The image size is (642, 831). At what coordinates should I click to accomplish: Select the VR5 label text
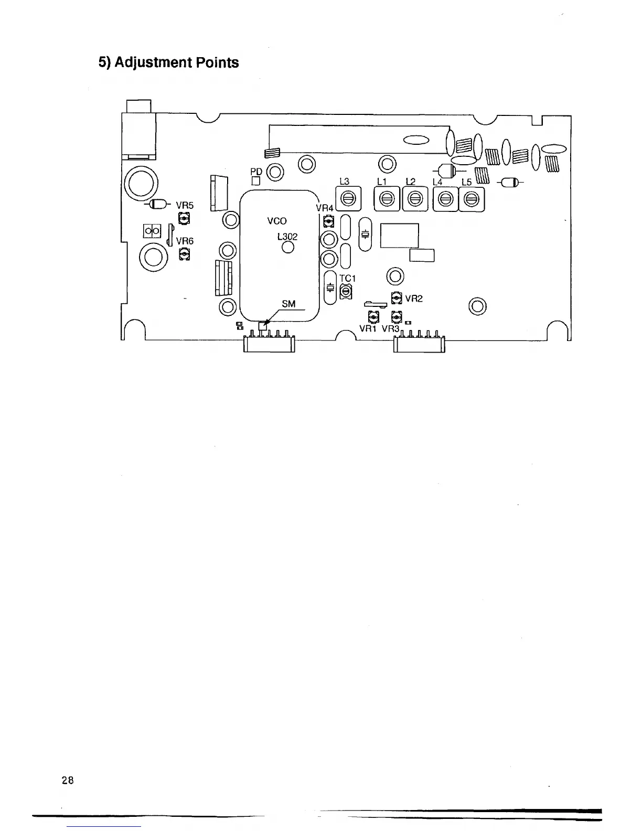pos(185,206)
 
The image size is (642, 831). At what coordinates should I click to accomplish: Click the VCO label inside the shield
pos(277,221)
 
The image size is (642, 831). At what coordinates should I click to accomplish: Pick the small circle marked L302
pos(287,249)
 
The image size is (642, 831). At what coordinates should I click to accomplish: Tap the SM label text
pos(288,304)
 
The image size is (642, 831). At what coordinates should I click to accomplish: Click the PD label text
pos(256,172)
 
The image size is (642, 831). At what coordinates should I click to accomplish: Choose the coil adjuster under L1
pos(387,199)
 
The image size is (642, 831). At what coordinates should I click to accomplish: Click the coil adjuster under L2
pos(415,199)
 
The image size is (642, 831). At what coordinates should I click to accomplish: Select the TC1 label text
pos(348,279)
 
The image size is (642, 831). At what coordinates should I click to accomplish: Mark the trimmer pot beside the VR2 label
pos(397,297)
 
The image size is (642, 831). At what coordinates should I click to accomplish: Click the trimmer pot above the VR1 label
pos(373,317)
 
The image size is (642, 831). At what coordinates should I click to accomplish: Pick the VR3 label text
pos(391,329)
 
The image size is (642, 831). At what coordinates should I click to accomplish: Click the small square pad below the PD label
pos(256,182)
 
